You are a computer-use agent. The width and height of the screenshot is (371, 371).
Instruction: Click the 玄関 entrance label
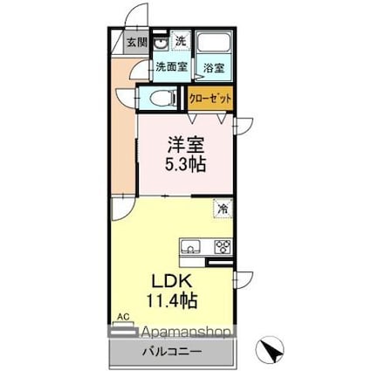(x=135, y=41)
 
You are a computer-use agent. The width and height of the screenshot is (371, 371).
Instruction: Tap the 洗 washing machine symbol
(x=179, y=40)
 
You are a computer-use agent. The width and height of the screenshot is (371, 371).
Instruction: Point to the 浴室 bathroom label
(x=214, y=66)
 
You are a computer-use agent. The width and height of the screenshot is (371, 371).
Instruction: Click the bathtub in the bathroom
(x=214, y=43)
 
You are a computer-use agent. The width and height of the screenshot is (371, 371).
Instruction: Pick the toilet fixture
(x=160, y=99)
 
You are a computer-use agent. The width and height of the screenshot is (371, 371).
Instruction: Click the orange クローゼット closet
(x=210, y=99)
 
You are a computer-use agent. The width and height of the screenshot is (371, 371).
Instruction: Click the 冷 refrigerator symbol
(x=223, y=209)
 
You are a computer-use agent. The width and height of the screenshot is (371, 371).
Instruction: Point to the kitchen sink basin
(x=191, y=245)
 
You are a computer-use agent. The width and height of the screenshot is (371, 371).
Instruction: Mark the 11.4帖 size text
(x=173, y=302)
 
